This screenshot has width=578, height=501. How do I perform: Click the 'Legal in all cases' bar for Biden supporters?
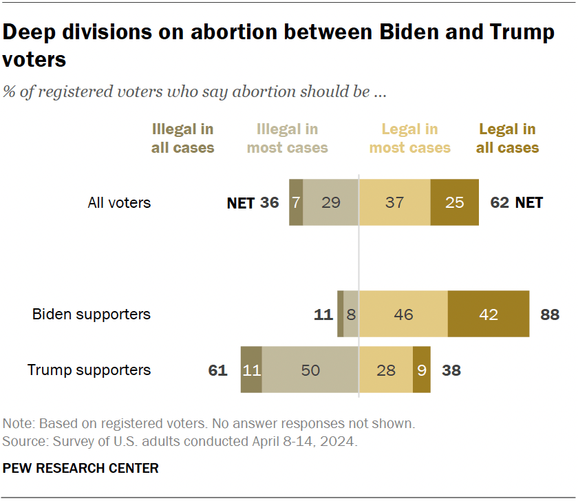click(489, 314)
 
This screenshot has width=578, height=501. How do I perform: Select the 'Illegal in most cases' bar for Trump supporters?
click(310, 370)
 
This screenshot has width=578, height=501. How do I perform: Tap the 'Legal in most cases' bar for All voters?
click(395, 203)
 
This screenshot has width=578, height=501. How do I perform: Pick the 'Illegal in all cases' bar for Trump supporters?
click(251, 370)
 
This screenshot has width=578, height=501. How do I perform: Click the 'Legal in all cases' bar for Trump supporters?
click(422, 370)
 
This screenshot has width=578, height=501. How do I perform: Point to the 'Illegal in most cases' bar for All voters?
click(330, 203)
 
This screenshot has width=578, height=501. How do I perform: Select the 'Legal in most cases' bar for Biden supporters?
click(403, 314)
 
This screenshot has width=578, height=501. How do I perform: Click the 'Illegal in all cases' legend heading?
click(182, 138)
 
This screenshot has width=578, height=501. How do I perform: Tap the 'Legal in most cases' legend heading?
click(409, 138)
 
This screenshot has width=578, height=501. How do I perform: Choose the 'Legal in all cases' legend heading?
click(507, 138)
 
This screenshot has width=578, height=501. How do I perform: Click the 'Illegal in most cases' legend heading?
click(287, 138)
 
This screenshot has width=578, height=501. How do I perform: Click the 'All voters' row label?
click(119, 203)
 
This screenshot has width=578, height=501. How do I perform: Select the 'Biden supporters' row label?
click(92, 315)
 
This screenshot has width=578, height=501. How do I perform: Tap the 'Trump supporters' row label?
click(89, 370)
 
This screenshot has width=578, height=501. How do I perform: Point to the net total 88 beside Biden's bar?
click(550, 315)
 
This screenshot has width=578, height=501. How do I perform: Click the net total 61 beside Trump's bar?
click(217, 371)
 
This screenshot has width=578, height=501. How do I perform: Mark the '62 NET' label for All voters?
click(516, 203)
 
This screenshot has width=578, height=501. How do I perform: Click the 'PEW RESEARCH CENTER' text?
click(81, 469)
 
